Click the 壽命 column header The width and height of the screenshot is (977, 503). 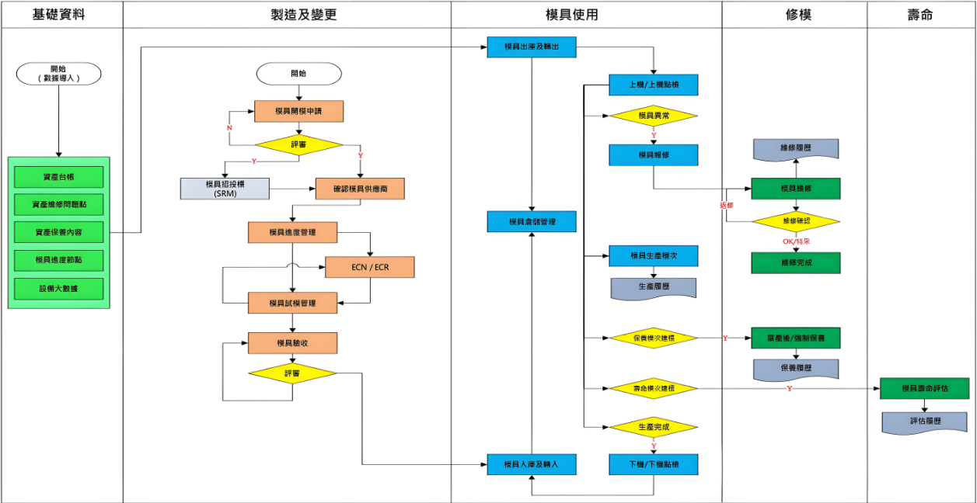[920, 15]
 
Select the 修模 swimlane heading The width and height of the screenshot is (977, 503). [794, 15]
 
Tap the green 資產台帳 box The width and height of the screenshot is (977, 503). [58, 177]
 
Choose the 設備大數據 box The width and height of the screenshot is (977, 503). [58, 289]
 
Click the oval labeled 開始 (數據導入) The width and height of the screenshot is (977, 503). [59, 74]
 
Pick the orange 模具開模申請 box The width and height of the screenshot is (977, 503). [298, 112]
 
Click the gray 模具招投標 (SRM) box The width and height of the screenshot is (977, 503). [224, 189]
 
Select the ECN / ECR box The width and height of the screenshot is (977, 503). [369, 267]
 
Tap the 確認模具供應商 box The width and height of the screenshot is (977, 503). [360, 189]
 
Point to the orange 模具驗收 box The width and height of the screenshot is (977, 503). [292, 343]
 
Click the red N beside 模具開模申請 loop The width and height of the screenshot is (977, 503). [229, 128]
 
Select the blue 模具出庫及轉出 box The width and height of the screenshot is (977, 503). [532, 47]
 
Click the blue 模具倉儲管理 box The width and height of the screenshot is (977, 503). [532, 221]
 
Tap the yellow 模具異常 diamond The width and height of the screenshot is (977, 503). [654, 116]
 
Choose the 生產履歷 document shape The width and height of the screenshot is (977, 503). [654, 287]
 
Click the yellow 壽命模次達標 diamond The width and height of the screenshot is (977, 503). [654, 387]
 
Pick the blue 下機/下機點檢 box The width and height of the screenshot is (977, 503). [654, 464]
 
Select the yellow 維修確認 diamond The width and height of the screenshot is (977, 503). [796, 221]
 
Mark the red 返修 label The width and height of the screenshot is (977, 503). [727, 206]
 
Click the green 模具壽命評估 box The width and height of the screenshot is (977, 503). [924, 388]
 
